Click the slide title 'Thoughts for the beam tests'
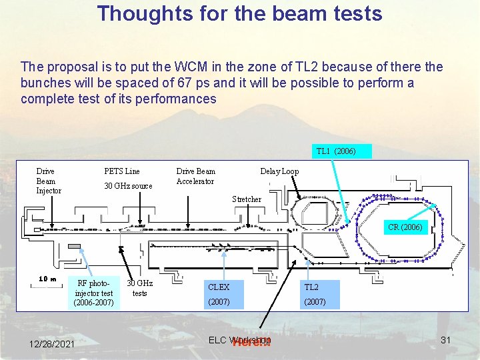pos(240,13)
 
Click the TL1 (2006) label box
pos(336,151)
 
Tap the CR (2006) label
pos(405,227)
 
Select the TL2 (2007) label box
pos(320,294)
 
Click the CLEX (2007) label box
pos(228,294)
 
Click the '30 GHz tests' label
pos(139,288)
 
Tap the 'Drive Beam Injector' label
pos(48,181)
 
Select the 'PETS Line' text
pos(122,171)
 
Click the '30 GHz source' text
pos(128,186)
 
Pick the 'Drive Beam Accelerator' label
pos(195,176)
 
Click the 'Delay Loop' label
pos(279,171)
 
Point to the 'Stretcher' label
pos(247,199)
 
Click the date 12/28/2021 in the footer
pos(52,343)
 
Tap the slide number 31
pos(445,341)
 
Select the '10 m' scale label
pos(47,279)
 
